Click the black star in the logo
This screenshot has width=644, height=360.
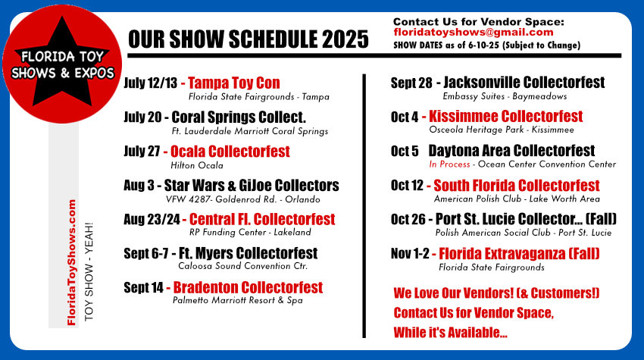click(x=61, y=66)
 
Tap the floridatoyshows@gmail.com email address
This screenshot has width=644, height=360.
click(x=473, y=33)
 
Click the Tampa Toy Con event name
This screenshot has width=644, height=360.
click(x=234, y=83)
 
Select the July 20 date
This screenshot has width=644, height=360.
click(x=142, y=117)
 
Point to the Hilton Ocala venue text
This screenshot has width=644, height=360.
click(x=197, y=165)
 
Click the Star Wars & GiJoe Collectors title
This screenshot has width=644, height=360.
click(x=252, y=186)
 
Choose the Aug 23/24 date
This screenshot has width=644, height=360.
click(x=152, y=220)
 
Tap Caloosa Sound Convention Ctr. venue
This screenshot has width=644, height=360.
click(x=242, y=266)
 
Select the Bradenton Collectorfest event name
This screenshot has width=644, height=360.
click(x=248, y=288)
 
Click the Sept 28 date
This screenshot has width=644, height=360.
click(x=411, y=83)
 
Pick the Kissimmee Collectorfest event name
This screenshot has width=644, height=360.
click(x=506, y=116)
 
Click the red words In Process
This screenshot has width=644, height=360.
click(x=449, y=164)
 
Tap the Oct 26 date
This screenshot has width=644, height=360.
click(x=408, y=220)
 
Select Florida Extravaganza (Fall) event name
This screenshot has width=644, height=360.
click(x=519, y=254)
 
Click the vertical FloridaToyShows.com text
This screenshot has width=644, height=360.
click(x=72, y=262)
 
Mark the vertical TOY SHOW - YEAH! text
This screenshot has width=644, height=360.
click(x=89, y=271)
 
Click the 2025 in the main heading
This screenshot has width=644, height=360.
click(x=345, y=39)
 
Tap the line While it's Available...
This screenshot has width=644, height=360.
click(x=451, y=332)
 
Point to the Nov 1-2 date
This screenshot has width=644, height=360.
click(x=410, y=254)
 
